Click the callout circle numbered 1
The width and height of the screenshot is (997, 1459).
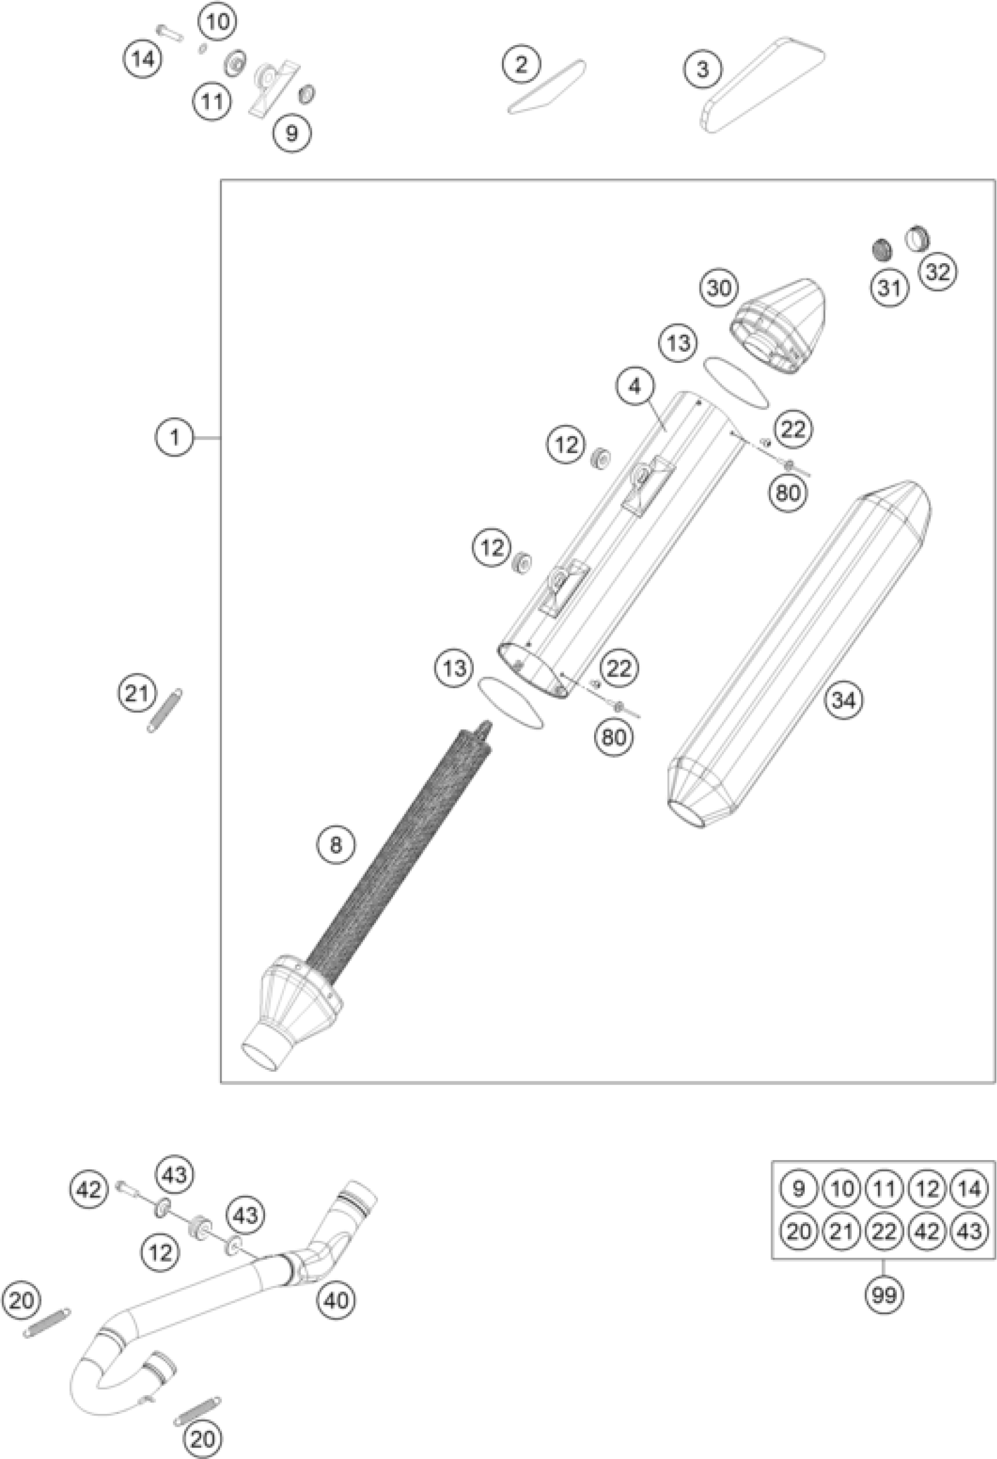(x=175, y=437)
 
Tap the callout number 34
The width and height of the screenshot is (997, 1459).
(x=843, y=700)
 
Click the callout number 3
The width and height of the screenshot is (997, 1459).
(x=703, y=69)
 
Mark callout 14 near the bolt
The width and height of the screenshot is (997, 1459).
(x=143, y=60)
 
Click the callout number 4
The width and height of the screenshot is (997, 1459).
(x=635, y=387)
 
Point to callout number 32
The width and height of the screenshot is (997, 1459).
(x=937, y=272)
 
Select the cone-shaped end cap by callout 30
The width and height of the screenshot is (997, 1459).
(x=779, y=326)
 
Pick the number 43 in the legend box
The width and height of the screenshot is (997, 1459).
(x=969, y=1231)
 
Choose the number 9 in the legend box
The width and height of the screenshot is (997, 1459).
(x=798, y=1189)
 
